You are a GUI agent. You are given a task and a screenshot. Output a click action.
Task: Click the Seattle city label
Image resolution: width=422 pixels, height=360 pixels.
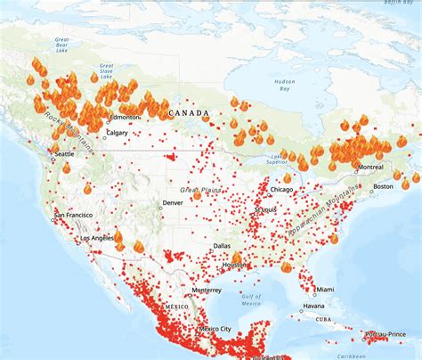tap(65, 154)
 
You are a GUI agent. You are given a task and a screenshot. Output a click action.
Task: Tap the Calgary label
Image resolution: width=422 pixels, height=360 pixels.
tap(117, 133)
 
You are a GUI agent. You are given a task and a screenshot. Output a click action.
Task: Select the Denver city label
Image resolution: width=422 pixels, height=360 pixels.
tap(174, 202)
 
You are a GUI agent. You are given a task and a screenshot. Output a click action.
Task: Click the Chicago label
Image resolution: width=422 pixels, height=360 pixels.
tap(282, 189)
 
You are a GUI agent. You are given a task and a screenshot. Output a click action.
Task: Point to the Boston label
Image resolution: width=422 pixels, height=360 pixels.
tap(383, 185)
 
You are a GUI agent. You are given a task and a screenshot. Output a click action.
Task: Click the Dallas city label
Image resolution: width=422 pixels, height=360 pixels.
tap(223, 245)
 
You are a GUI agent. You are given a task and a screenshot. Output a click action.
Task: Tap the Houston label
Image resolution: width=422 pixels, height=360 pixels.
tap(235, 266)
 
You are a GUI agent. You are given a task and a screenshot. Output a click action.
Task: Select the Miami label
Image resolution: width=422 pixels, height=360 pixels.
tap(326, 289)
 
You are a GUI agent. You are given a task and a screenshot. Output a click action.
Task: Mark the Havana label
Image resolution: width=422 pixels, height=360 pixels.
tap(312, 307)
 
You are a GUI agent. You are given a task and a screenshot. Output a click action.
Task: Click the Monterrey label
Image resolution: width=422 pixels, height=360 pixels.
tap(207, 290)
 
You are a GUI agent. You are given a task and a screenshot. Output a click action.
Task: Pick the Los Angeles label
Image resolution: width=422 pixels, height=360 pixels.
tap(97, 238)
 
